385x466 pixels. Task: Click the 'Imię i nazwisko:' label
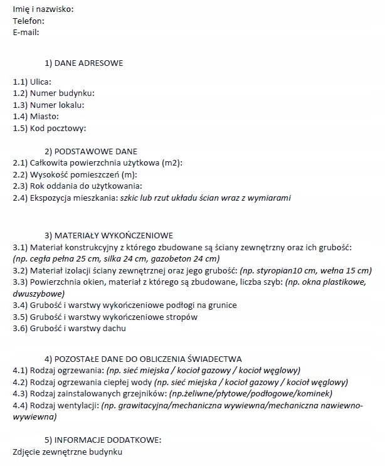(43, 9)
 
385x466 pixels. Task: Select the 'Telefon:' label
(28, 21)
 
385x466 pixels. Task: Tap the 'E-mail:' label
(26, 32)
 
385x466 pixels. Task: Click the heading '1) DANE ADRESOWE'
(84, 63)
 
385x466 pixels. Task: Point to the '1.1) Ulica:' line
(32, 82)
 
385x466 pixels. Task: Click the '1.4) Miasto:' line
(36, 117)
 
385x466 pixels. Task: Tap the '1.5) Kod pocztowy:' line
(49, 129)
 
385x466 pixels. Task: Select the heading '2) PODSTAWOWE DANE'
(91, 151)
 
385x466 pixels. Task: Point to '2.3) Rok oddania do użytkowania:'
(78, 186)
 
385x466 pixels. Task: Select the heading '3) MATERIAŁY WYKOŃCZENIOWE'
(108, 235)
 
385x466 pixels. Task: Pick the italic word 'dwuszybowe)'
(38, 294)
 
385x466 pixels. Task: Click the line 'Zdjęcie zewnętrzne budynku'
(67, 452)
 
